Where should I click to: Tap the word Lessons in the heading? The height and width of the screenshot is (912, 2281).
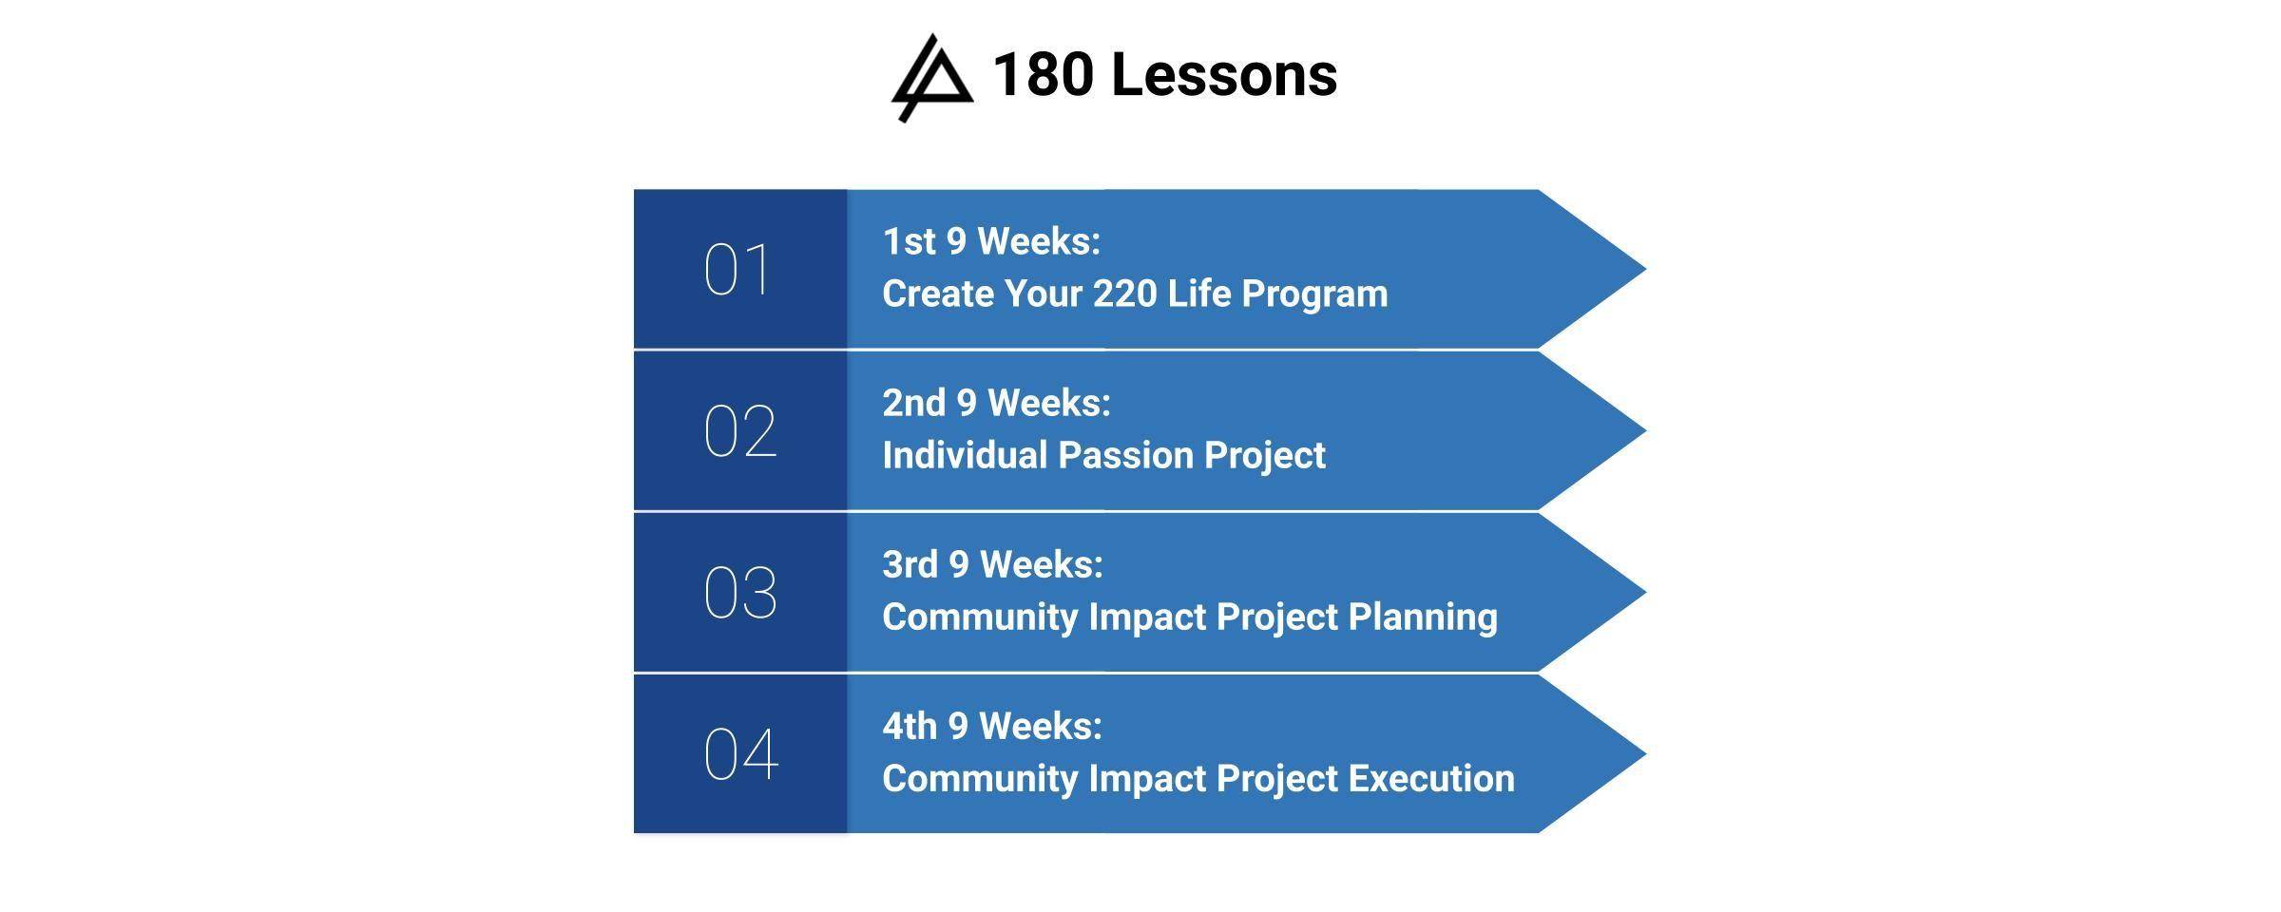coord(1224,74)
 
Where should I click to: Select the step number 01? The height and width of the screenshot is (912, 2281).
coord(737,270)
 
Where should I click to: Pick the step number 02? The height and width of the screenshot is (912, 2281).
coord(740,431)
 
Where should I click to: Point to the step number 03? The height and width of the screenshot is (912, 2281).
coord(740,593)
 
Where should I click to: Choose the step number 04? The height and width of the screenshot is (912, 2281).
coord(741,754)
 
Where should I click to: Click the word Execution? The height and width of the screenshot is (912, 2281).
coord(1431,778)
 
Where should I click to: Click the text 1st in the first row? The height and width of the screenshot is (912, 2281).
coord(910,241)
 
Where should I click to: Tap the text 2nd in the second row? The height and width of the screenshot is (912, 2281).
coord(914,403)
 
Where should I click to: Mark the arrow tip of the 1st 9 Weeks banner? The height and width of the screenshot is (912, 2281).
coord(1645,270)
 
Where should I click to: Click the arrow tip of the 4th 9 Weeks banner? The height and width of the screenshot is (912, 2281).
coord(1645,754)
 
